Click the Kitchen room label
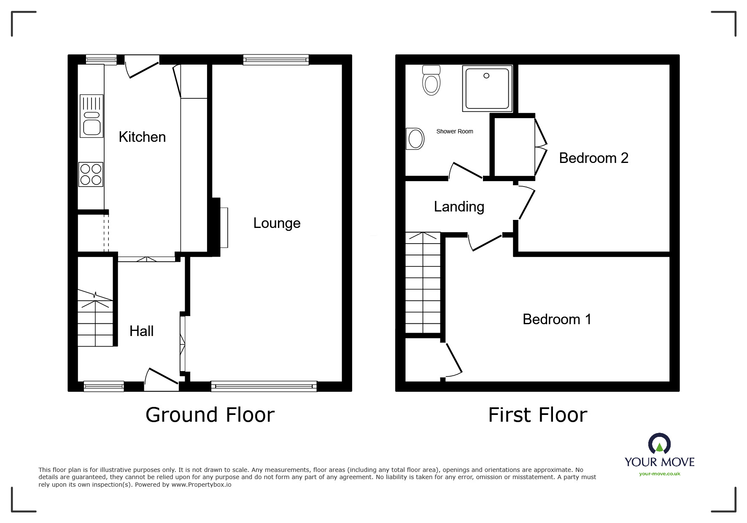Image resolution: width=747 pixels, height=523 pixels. click(x=142, y=137)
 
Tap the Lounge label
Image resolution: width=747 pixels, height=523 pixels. click(x=277, y=223)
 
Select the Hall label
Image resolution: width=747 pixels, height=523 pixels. click(x=141, y=331)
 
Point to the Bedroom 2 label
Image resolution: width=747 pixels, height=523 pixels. click(x=593, y=158)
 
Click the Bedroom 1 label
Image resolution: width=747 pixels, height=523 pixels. click(x=557, y=319)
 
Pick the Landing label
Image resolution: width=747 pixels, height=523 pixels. click(x=459, y=207)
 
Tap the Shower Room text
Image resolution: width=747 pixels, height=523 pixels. click(x=455, y=131)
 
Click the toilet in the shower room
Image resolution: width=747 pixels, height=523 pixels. click(x=431, y=80)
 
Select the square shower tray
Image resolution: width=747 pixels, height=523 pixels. click(x=487, y=88)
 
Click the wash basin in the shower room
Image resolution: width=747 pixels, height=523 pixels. click(x=415, y=139)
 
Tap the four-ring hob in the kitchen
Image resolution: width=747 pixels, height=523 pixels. click(x=91, y=175)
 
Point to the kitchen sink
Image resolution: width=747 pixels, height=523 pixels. click(x=92, y=116)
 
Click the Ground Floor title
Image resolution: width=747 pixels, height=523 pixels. click(x=210, y=415)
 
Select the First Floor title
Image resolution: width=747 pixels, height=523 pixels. click(x=538, y=415)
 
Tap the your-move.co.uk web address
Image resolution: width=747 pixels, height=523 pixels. click(x=660, y=474)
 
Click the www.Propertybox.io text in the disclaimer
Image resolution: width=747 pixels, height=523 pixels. click(x=201, y=485)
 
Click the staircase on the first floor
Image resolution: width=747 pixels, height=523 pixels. click(x=423, y=283)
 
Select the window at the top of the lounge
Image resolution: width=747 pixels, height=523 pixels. click(x=276, y=60)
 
